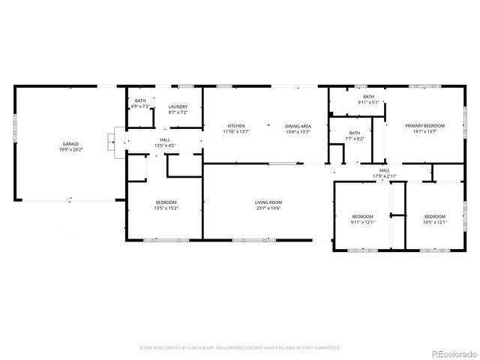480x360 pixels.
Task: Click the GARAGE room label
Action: [x=70, y=143]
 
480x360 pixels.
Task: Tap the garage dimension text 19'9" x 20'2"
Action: [x=70, y=149]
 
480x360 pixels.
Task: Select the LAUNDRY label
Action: [x=178, y=106]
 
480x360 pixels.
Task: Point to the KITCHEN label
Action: [x=236, y=125]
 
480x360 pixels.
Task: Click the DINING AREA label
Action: [x=297, y=125]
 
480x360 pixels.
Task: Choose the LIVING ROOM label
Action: [x=268, y=202]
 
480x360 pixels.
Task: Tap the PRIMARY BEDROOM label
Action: [x=425, y=125]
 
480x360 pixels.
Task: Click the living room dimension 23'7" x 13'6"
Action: [x=268, y=208]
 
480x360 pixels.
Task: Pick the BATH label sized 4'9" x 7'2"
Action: [x=140, y=101]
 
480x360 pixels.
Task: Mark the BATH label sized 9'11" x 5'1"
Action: [x=368, y=96]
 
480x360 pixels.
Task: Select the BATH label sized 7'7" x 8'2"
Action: [x=355, y=133]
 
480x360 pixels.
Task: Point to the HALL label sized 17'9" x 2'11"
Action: [x=384, y=170]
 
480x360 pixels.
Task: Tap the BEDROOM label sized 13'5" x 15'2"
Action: [x=166, y=202]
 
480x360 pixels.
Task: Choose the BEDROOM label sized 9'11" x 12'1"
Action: [x=361, y=216]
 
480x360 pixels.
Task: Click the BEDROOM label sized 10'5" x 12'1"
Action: [x=434, y=216]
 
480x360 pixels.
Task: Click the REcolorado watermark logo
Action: [x=449, y=352]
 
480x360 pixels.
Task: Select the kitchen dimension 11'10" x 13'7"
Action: [x=236, y=131]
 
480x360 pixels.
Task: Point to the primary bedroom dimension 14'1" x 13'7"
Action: [x=425, y=131]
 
